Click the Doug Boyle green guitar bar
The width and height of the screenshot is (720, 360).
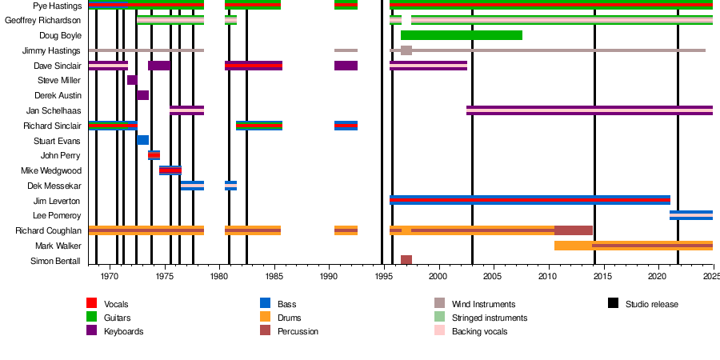[x=462, y=35]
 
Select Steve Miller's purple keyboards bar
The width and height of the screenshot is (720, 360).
[x=132, y=80]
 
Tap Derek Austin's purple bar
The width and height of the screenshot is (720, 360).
[x=143, y=95]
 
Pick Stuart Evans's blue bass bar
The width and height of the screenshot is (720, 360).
[x=143, y=141]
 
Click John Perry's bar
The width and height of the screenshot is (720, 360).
[x=154, y=155]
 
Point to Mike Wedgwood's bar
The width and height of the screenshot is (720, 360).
[x=170, y=170]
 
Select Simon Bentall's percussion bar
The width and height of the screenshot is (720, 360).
[x=406, y=260]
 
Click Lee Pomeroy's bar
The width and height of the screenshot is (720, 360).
[x=691, y=215]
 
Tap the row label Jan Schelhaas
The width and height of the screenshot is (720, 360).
[x=54, y=110]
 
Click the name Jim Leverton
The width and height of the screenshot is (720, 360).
[x=57, y=201]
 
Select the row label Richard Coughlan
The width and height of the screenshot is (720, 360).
[x=48, y=230]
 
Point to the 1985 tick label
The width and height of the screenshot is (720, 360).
[x=274, y=276]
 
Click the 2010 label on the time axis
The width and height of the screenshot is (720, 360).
[x=547, y=276]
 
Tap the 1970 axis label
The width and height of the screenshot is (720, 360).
[x=110, y=276]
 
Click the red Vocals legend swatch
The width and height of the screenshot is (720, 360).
[x=92, y=303]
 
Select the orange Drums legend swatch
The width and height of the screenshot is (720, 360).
[x=266, y=317]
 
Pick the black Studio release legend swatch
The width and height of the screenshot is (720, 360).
[x=613, y=303]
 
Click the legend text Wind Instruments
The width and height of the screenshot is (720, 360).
[x=483, y=304]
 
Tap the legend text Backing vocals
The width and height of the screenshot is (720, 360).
[x=479, y=331]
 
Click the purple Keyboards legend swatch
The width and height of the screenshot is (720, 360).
[x=92, y=330]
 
